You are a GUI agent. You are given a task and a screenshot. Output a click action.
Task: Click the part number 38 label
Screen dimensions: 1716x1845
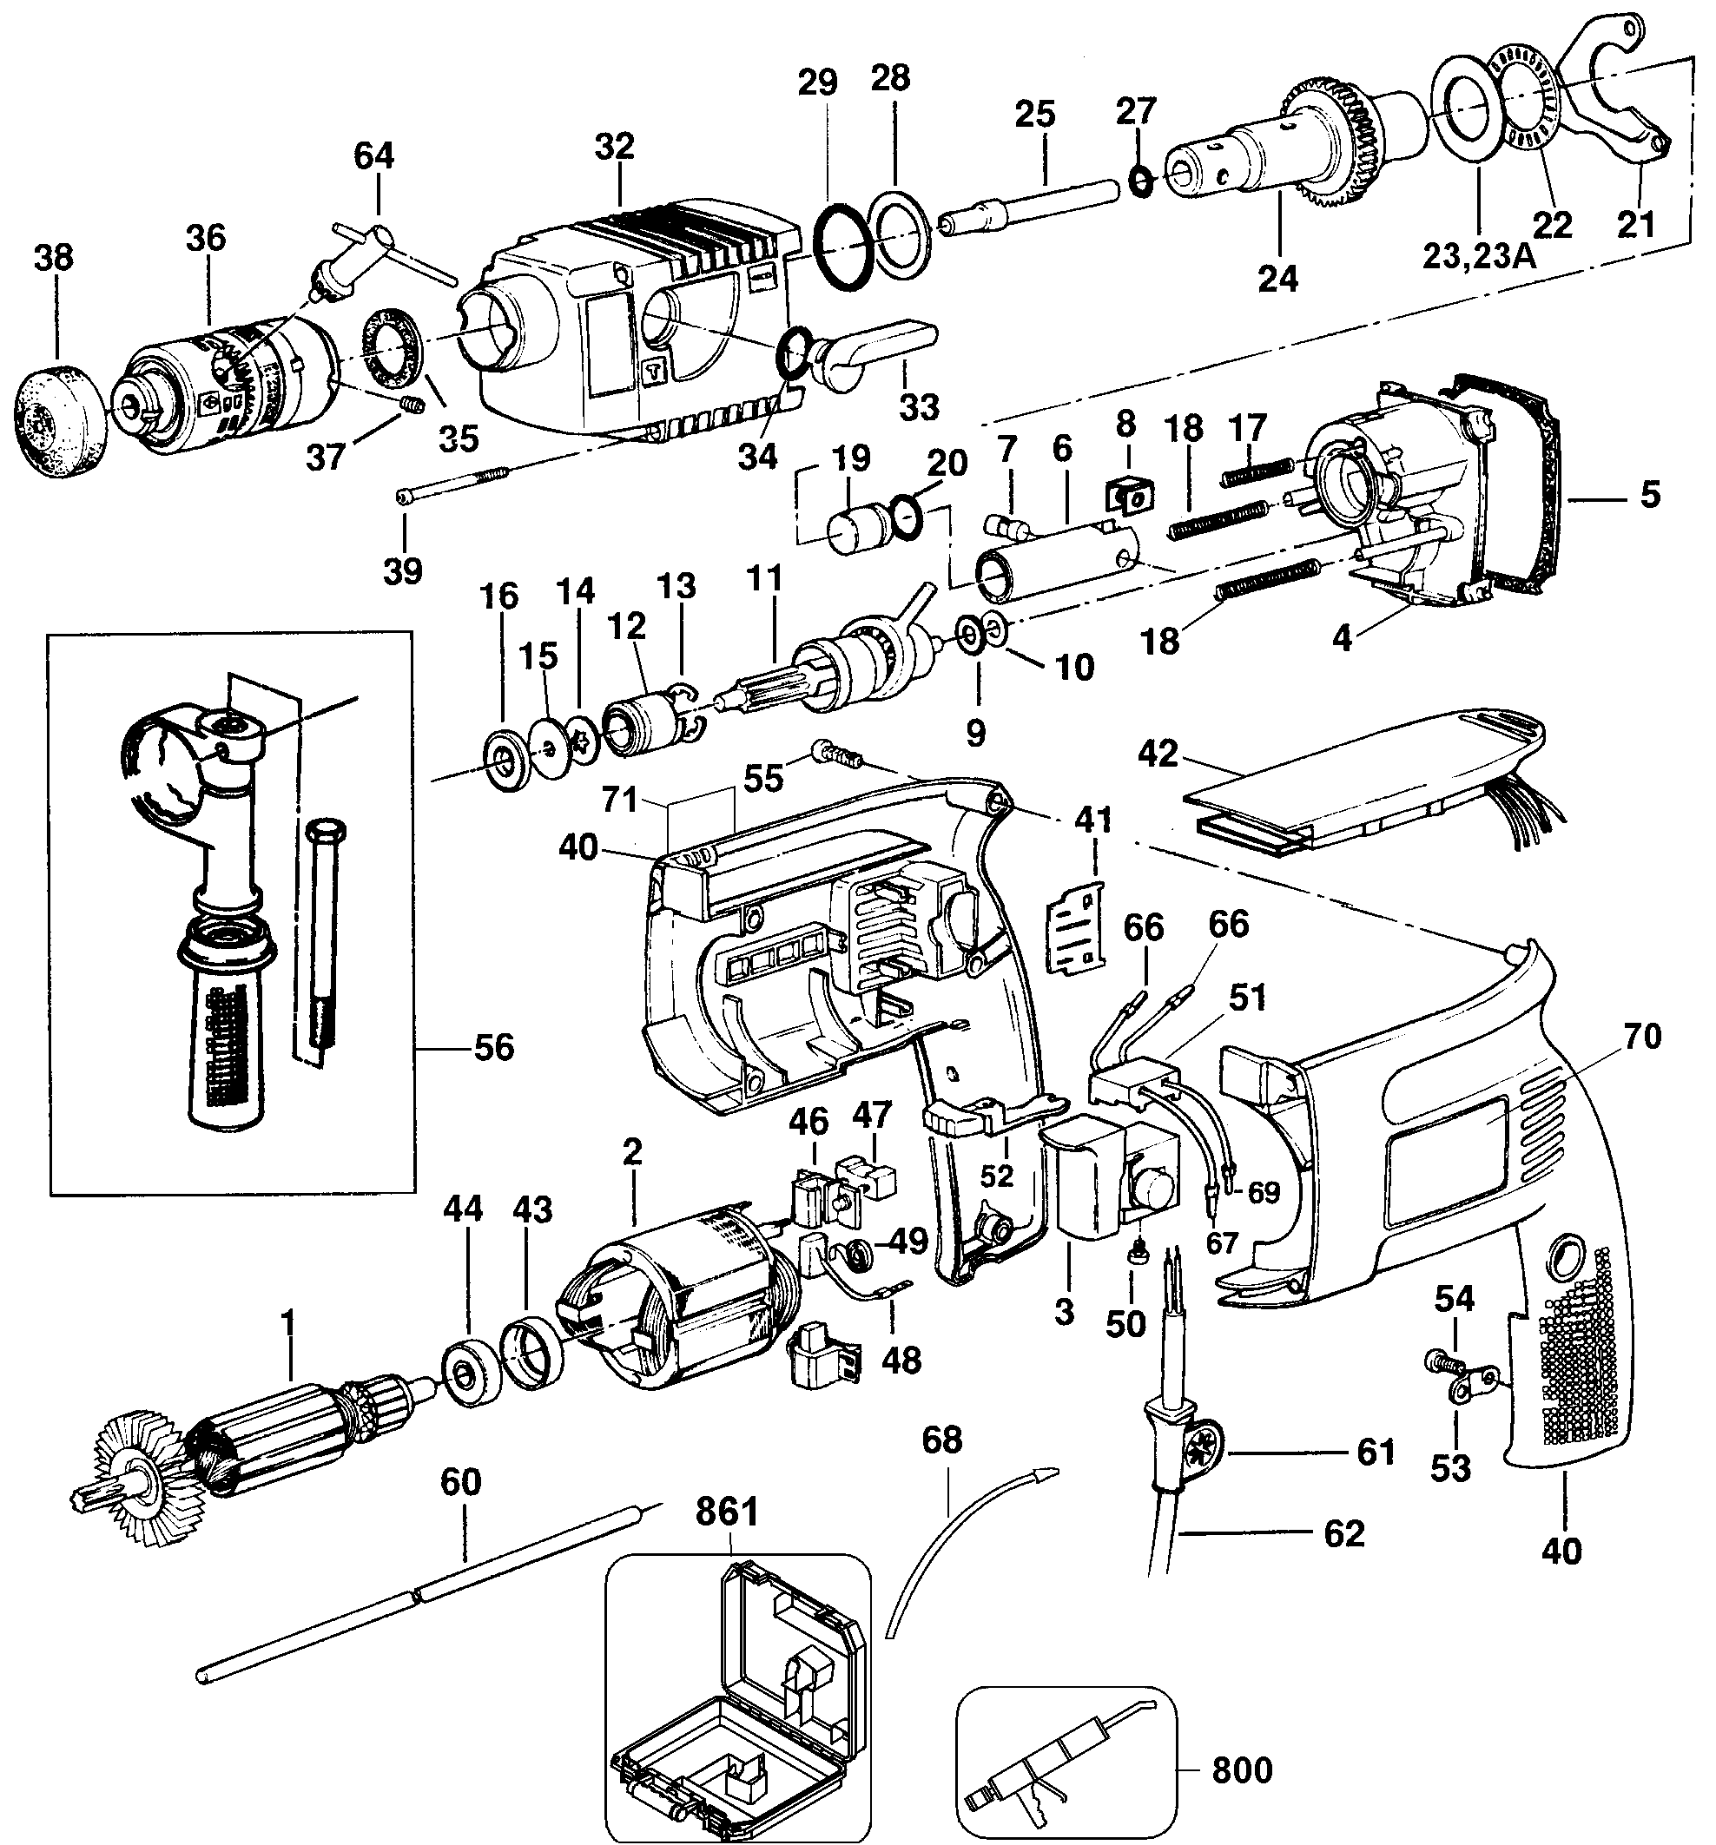pos(53,257)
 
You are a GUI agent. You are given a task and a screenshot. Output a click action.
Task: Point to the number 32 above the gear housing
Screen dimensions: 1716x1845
pos(614,145)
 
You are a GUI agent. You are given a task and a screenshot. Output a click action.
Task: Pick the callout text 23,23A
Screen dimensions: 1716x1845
pos(1478,255)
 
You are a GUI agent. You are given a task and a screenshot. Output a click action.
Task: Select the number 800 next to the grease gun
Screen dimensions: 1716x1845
pos(1242,1769)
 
